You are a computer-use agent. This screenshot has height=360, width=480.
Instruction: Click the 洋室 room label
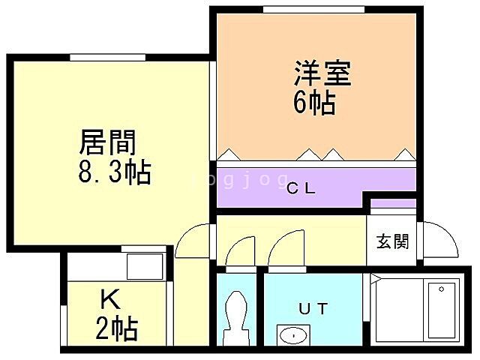pos(322,73)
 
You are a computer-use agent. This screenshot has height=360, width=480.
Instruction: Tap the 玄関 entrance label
pos(392,241)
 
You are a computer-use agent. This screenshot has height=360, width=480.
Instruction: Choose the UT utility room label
pos(313,308)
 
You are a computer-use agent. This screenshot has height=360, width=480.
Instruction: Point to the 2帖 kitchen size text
pos(116,328)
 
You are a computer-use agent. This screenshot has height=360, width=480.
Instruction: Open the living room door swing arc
pos(193,244)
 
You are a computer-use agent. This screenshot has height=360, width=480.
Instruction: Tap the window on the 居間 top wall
pos(107,57)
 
